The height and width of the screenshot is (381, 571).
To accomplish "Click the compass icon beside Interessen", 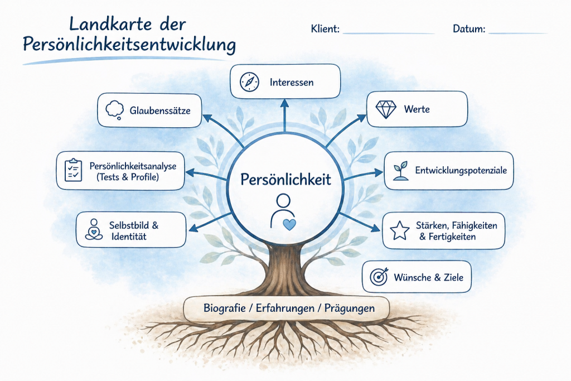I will point(249,82).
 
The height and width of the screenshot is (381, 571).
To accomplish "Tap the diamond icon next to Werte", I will point(385,109).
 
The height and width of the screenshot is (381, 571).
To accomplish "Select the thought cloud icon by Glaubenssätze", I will point(114,109).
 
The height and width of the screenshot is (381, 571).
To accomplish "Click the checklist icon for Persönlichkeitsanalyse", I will point(74,170).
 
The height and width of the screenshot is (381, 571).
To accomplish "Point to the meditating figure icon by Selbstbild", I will point(94,229).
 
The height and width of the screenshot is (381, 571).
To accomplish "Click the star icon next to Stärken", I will point(400,230).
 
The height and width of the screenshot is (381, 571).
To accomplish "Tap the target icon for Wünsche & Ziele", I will point(379,276).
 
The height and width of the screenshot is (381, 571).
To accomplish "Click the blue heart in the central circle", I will point(289,224).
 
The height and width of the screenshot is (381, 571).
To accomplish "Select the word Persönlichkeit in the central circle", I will point(285,180).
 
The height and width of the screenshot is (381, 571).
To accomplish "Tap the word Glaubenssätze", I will point(161,110).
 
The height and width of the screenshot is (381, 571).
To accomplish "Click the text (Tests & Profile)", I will point(128,177).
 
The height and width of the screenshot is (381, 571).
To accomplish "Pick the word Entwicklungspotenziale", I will point(461,170).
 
